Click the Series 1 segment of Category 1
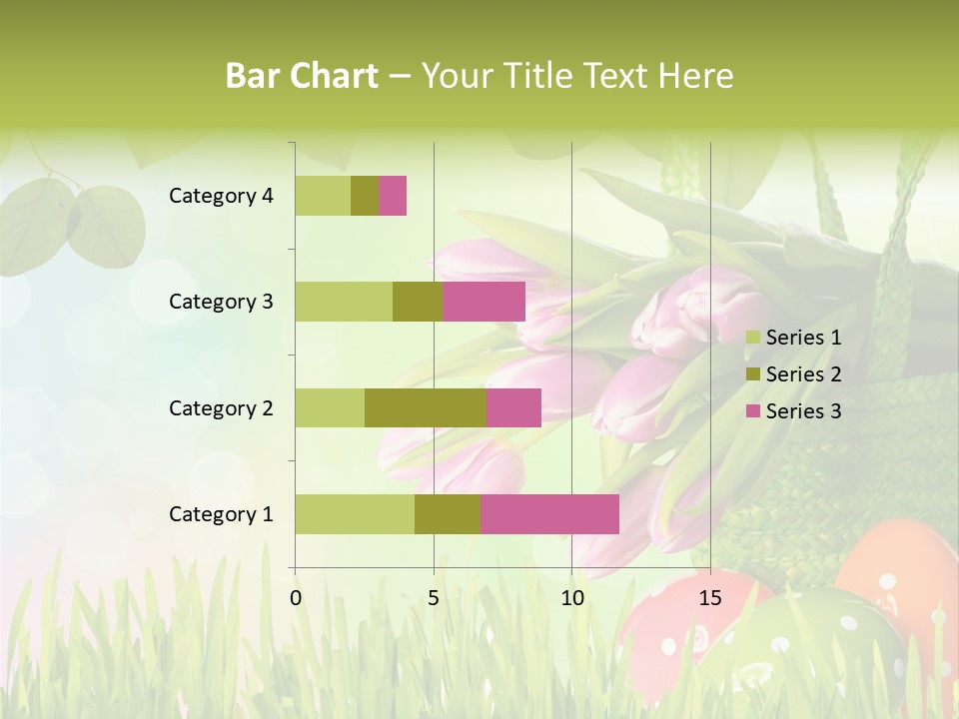(355, 514)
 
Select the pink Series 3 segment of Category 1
(549, 514)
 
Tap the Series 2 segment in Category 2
(426, 407)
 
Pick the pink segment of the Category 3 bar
(483, 302)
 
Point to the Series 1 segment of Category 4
(323, 196)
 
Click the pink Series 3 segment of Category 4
(393, 196)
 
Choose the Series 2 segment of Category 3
(418, 302)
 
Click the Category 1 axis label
(221, 514)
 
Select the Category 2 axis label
(221, 407)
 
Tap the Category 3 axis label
(221, 302)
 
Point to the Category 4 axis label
(221, 196)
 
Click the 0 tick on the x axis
(296, 598)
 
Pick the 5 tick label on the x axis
(434, 598)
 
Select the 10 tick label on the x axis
(571, 598)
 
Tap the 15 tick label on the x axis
(710, 598)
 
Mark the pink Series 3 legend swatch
(752, 411)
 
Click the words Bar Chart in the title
(302, 76)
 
